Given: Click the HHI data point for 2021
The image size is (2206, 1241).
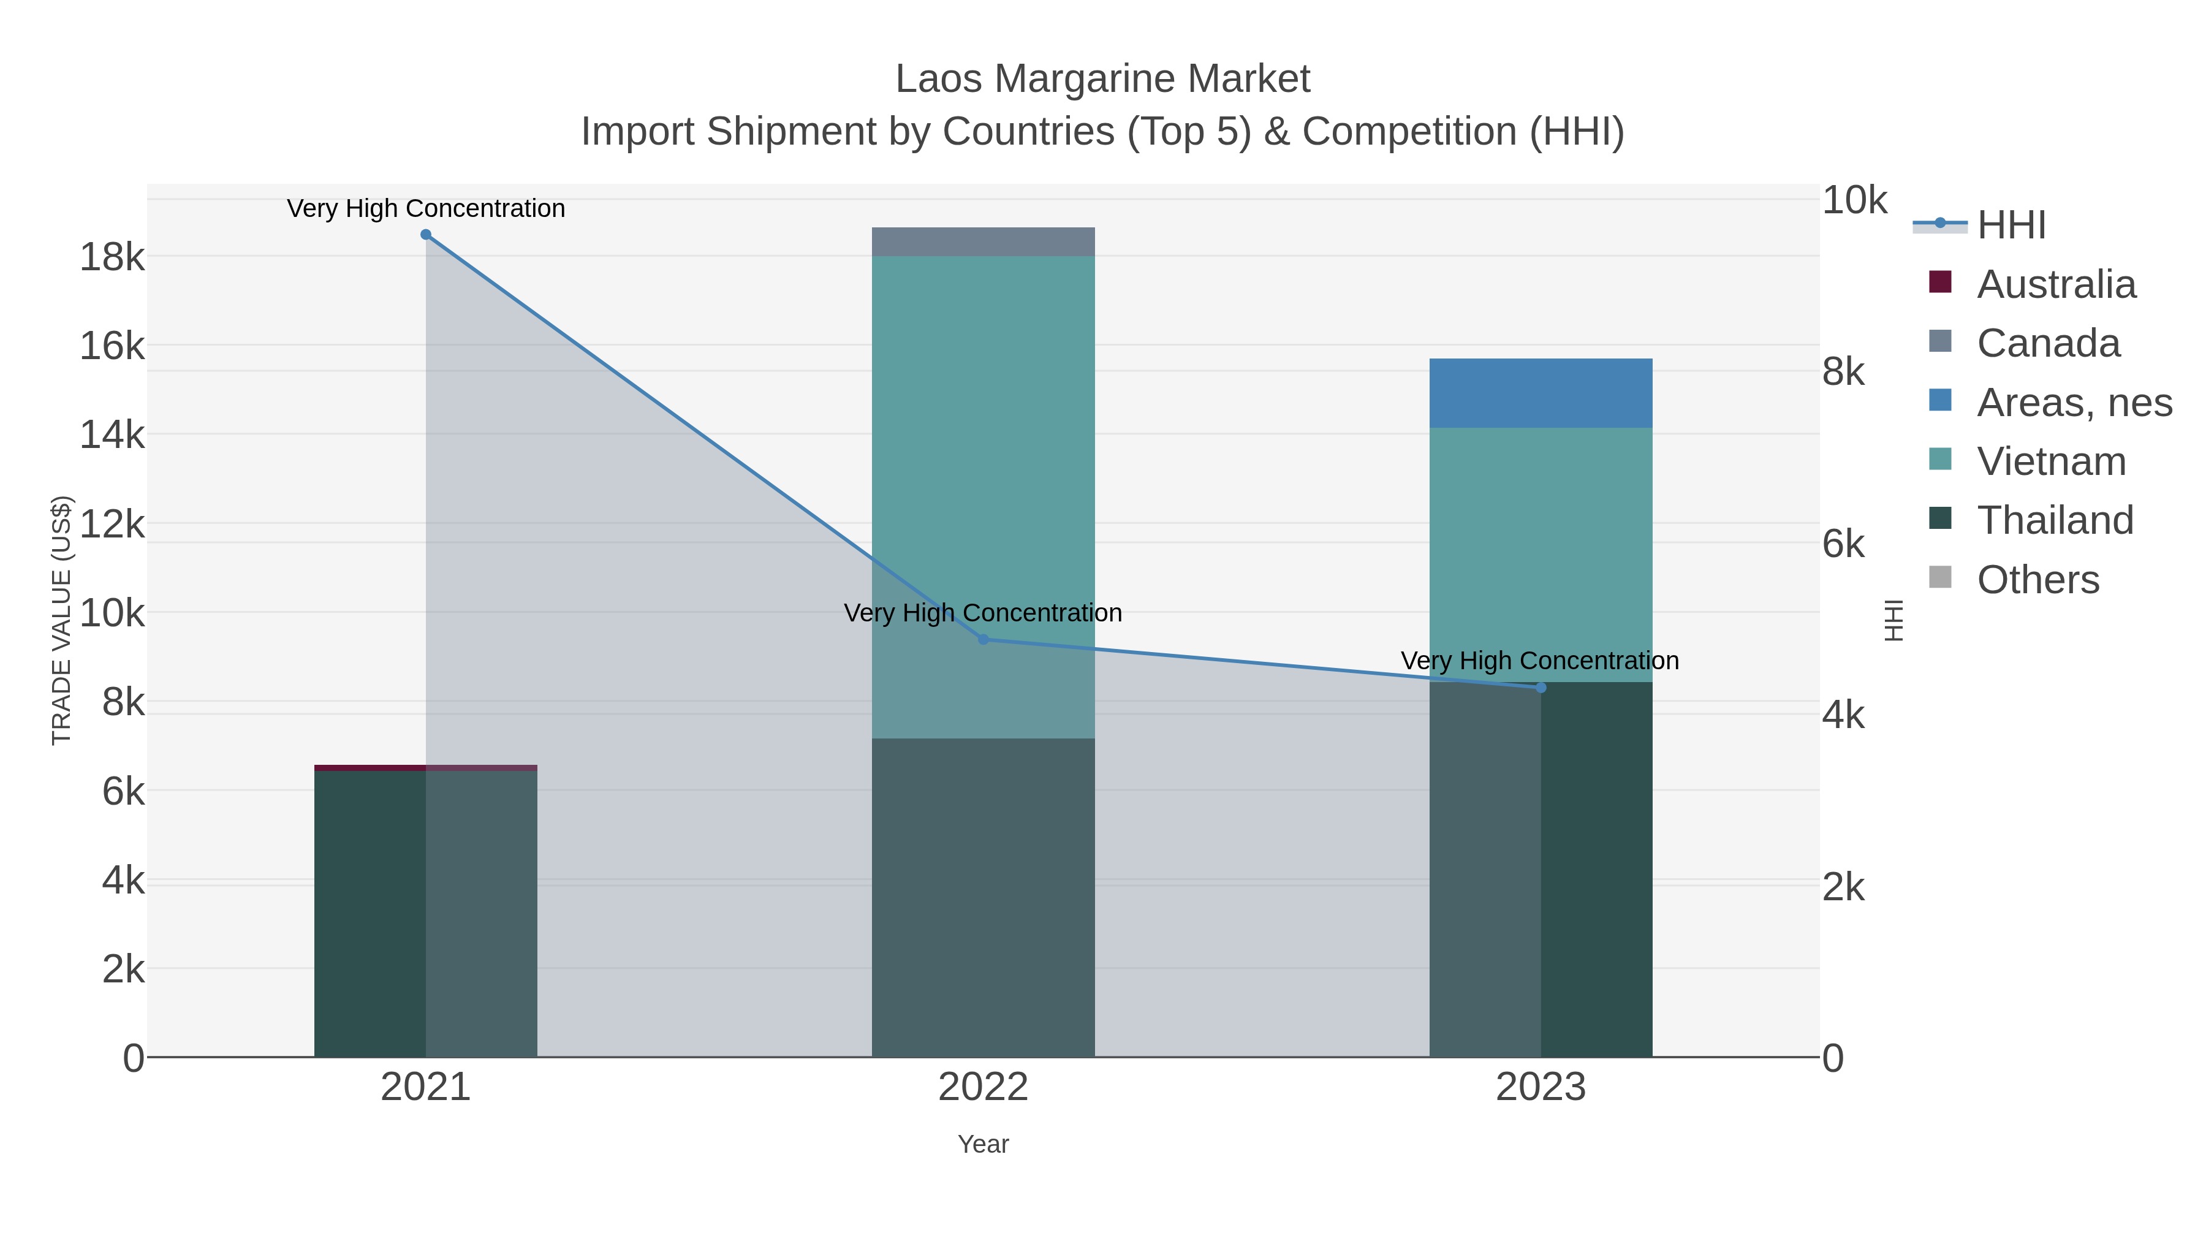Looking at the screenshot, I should coord(426,235).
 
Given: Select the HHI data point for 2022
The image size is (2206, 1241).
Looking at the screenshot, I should coord(983,640).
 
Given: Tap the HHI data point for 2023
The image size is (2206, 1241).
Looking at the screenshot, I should coord(1541,688).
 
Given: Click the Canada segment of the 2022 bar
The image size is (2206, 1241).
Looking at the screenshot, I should coord(983,242).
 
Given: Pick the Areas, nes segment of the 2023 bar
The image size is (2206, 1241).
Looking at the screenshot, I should coord(1541,393).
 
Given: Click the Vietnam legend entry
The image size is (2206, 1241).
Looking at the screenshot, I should coord(2051,461).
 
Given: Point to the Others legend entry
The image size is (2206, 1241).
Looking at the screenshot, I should coord(2037,580).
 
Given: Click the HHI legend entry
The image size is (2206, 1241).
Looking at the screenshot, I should coord(2011,226).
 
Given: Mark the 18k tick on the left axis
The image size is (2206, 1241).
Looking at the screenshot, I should coord(112,257).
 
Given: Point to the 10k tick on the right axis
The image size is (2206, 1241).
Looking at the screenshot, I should coord(1854,200).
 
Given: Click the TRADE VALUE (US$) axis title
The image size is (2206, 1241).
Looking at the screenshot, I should coord(62,620).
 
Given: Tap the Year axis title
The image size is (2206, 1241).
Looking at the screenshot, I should coord(983,1144).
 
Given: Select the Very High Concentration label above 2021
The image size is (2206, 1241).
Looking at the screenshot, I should coord(426,209).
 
